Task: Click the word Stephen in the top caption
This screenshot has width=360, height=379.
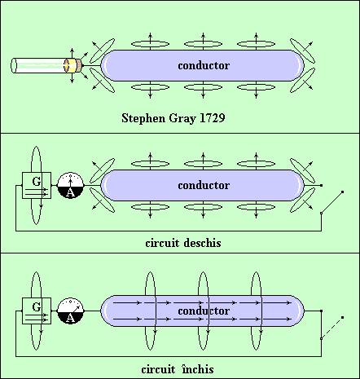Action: coord(143,118)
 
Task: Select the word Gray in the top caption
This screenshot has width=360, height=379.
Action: coord(182,119)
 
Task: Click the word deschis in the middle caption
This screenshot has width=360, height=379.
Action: coord(202,243)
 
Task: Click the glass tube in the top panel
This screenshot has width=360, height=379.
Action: coord(40,65)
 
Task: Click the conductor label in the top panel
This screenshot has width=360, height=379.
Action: coord(204,65)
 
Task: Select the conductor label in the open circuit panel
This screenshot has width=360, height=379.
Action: coord(204,185)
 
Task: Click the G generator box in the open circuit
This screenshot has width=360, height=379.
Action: coord(37,185)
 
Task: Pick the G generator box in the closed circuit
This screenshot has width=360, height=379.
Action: coord(37,311)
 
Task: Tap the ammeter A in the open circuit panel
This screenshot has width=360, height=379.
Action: coord(71,185)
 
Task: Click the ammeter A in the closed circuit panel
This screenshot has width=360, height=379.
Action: coord(71,311)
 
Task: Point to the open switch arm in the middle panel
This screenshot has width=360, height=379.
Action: coord(331,202)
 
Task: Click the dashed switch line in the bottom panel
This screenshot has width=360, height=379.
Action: coord(331,328)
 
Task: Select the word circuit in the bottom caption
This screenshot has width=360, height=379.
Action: coord(158,369)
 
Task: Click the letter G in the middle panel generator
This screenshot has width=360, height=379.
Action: coord(37,181)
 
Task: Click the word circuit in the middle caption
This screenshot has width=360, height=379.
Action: coord(162,243)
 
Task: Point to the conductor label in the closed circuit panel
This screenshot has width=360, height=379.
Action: coord(204,311)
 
